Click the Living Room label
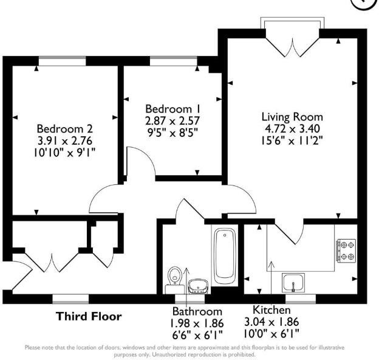(x=292, y=116)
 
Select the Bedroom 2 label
(x=65, y=129)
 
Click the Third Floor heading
(x=89, y=316)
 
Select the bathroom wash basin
(x=197, y=285)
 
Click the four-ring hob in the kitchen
(x=347, y=251)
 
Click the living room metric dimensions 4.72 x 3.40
(x=292, y=128)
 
